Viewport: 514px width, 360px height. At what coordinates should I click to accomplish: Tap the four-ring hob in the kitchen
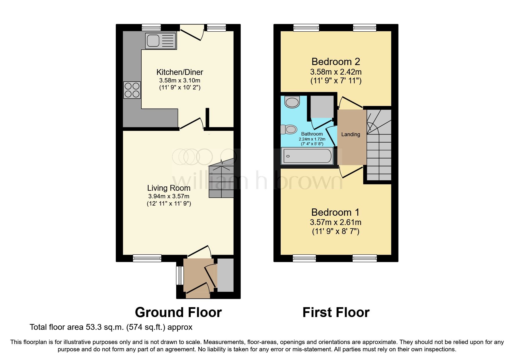(x=132, y=90)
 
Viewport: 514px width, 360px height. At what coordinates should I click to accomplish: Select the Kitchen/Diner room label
(x=180, y=72)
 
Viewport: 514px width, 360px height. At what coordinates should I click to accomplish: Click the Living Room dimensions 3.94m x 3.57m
(x=169, y=196)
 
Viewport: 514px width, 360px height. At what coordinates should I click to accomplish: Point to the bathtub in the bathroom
(x=307, y=156)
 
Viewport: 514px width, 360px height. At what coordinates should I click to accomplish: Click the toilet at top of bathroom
(x=292, y=102)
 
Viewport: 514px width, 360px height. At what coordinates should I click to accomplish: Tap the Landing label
(x=351, y=134)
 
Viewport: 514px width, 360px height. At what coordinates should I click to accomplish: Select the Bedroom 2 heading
(x=336, y=62)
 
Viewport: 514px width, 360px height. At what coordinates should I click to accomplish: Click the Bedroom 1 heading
(x=335, y=212)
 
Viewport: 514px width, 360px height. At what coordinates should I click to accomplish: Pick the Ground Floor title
(x=178, y=312)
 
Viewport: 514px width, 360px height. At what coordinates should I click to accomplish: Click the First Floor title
(x=336, y=312)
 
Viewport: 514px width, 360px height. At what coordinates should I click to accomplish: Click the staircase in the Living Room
(x=221, y=181)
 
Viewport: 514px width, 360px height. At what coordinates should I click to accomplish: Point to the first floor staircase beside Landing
(x=379, y=145)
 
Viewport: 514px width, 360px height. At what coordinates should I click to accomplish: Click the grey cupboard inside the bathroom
(x=322, y=107)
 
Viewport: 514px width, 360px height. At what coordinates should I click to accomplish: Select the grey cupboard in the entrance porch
(x=226, y=275)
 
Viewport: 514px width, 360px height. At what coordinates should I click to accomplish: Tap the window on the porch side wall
(x=180, y=275)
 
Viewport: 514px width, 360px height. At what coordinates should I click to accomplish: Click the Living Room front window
(x=147, y=258)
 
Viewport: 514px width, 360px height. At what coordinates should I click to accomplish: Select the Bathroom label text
(x=312, y=134)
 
